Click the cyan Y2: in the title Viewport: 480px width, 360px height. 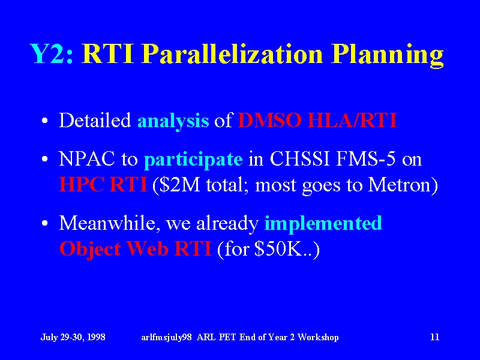click(x=52, y=53)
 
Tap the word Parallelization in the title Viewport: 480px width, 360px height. click(x=233, y=53)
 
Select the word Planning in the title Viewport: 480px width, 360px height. click(x=388, y=55)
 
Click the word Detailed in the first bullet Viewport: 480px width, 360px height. click(x=95, y=120)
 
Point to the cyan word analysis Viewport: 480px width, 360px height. click(x=173, y=122)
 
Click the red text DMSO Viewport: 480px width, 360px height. click(x=271, y=120)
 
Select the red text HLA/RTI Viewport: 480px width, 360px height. click(x=352, y=120)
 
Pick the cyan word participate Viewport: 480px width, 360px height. click(x=193, y=160)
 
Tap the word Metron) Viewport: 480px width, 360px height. click(x=403, y=185)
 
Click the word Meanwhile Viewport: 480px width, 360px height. click(x=110, y=223)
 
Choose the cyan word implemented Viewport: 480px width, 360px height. click(x=323, y=224)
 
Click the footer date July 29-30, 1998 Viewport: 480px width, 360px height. click(x=73, y=337)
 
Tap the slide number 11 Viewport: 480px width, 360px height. click(x=434, y=337)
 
